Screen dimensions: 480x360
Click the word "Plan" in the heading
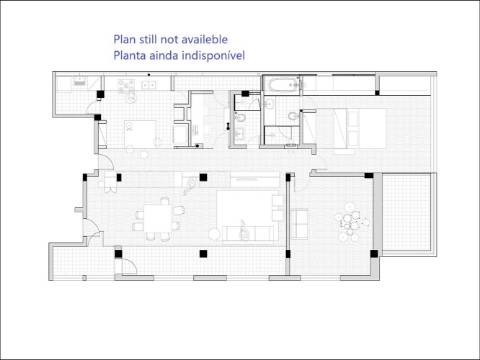pos(124,39)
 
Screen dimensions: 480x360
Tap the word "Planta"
pos(129,55)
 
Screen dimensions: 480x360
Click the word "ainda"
pos(164,55)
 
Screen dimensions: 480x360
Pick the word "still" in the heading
pos(148,39)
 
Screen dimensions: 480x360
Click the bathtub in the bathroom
pos(281,85)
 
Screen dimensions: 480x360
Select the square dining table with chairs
pos(157,219)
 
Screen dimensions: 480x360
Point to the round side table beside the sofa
pos(214,234)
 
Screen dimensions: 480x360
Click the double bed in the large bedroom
pos(360,128)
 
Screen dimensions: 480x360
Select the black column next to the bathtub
pos(245,94)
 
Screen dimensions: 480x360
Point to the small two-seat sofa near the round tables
pos(300,224)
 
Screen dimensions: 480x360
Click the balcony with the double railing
pos(407,214)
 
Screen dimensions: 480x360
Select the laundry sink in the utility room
pos(79,83)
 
